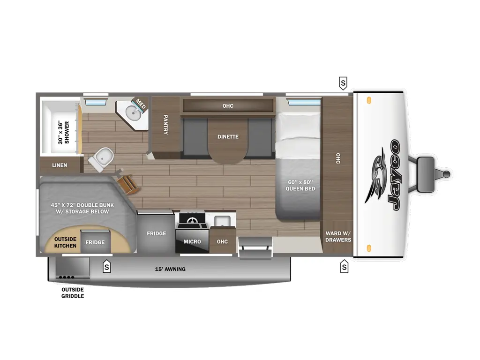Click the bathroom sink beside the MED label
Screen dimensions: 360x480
pos(133,112)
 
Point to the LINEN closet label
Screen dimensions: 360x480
pos(60,165)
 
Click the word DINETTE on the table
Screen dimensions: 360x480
pos(228,137)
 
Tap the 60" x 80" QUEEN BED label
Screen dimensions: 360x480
pos(300,185)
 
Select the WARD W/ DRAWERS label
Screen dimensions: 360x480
pos(338,237)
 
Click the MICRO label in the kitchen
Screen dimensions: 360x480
pos(192,242)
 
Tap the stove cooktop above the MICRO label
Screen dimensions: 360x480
pos(192,220)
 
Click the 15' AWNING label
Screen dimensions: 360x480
pos(170,269)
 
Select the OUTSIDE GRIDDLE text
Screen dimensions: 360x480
pos(73,292)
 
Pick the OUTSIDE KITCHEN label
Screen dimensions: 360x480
pos(65,242)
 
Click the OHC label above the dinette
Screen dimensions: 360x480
pos(228,106)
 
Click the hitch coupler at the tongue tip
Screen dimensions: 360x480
pos(447,174)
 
